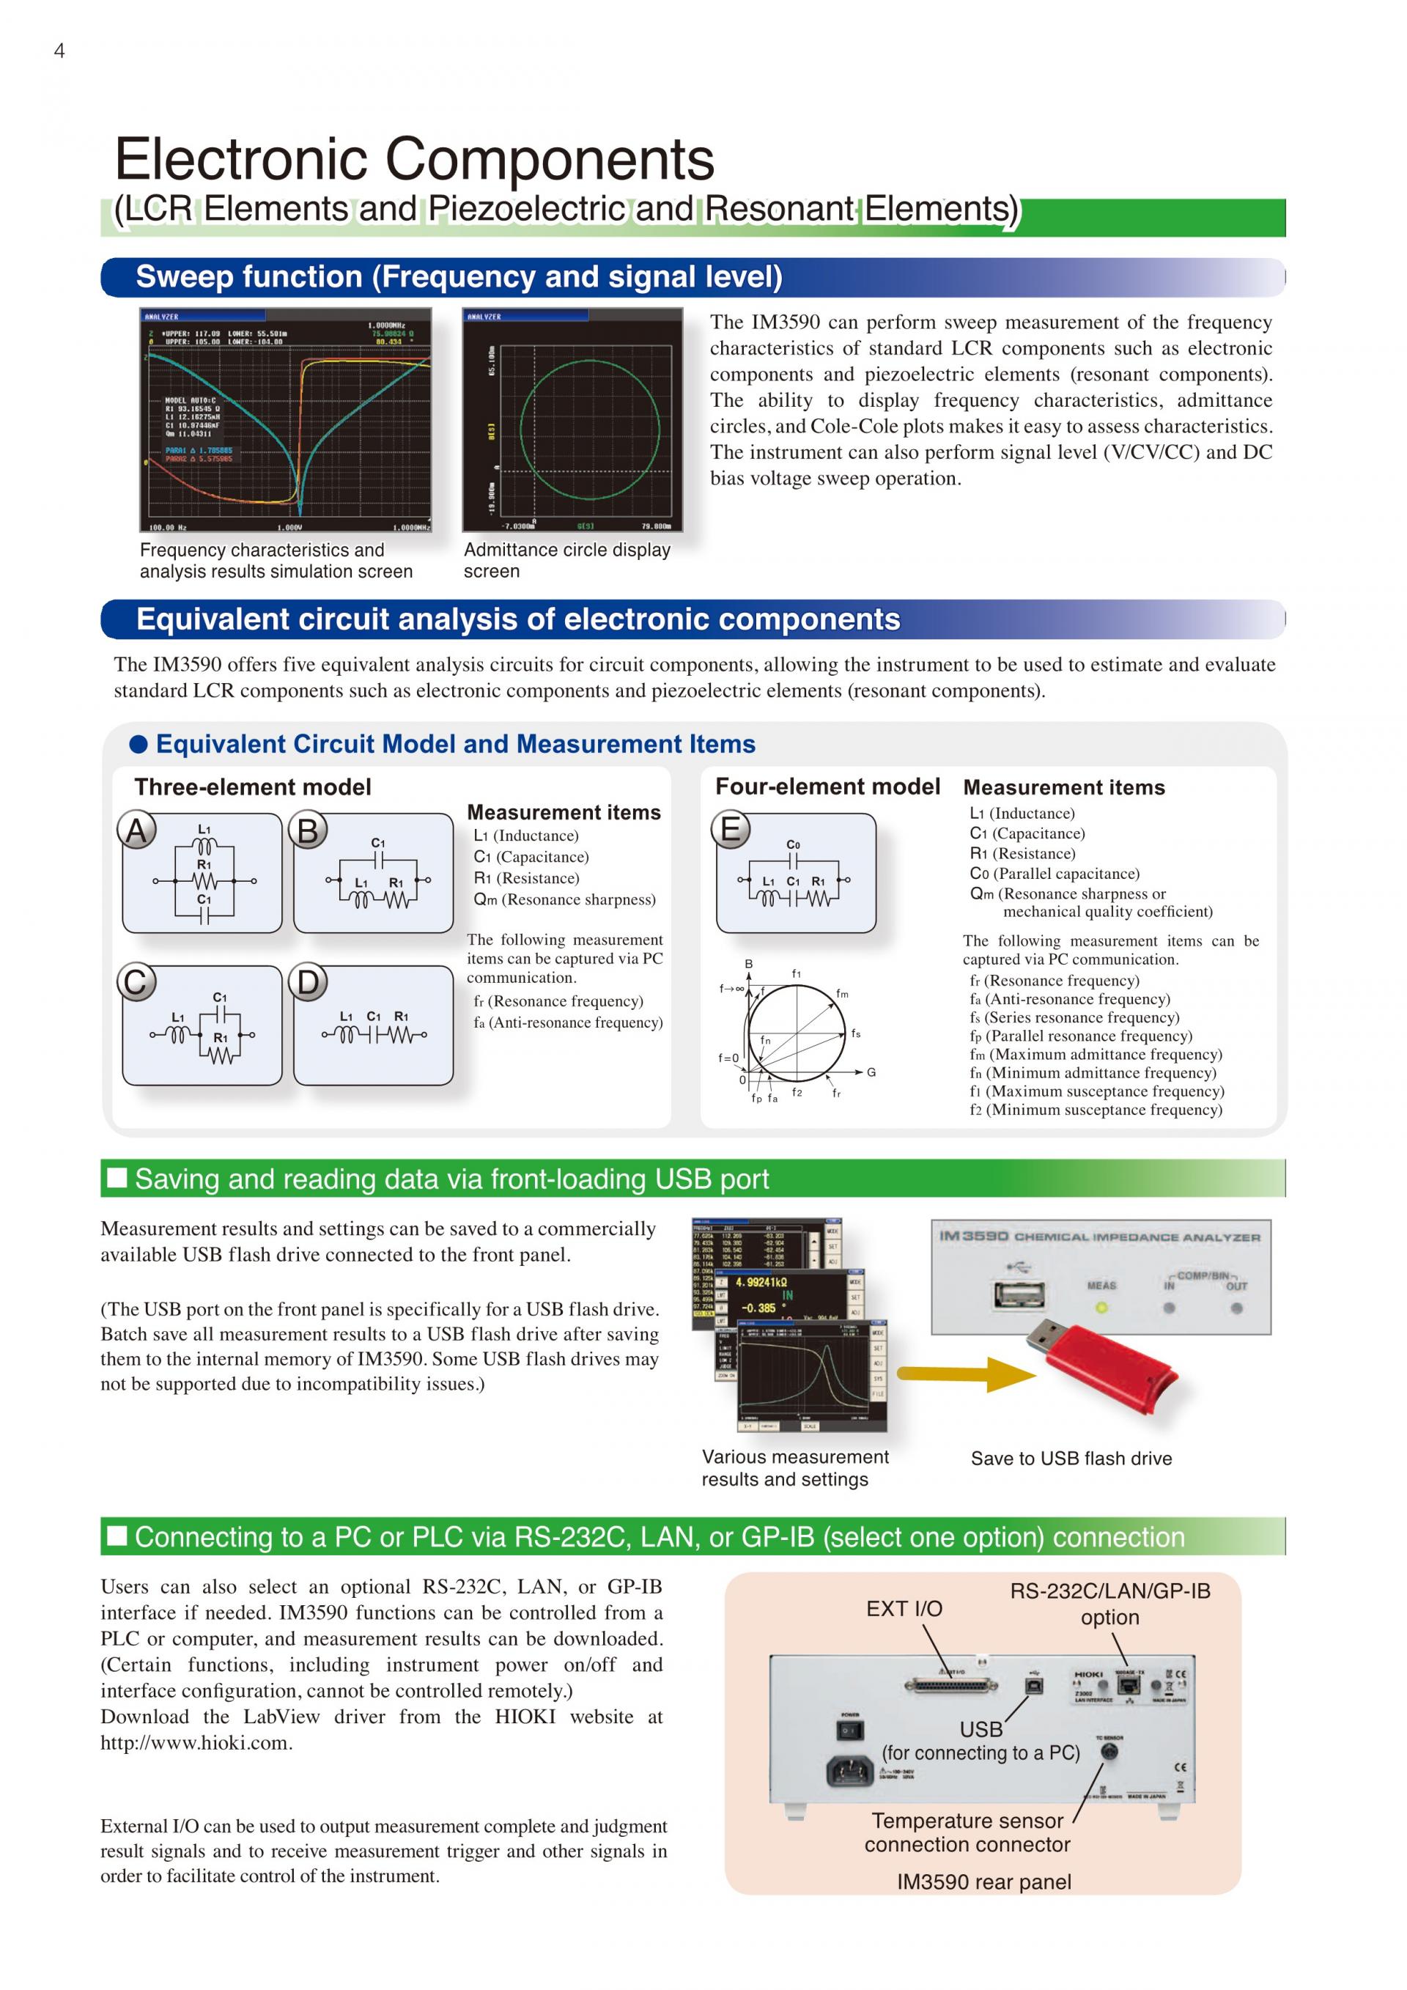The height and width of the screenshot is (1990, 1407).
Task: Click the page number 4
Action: point(59,51)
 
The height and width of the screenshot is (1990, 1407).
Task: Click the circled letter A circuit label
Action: point(136,830)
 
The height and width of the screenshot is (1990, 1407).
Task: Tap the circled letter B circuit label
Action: point(308,830)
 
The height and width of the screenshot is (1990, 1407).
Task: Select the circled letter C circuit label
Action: point(136,983)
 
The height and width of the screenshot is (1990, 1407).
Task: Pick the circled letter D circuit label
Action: point(308,983)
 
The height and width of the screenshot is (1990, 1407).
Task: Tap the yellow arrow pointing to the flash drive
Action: point(965,1373)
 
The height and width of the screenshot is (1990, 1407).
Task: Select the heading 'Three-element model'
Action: point(252,787)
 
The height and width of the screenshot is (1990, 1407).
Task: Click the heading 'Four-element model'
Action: point(827,786)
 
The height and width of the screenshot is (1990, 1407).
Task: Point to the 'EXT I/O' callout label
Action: point(904,1609)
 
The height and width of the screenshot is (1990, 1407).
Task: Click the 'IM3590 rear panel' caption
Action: point(983,1882)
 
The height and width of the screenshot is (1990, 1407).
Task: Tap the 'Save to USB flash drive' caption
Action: point(1071,1459)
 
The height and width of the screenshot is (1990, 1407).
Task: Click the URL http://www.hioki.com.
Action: point(195,1743)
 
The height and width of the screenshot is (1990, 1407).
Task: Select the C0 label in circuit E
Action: point(793,844)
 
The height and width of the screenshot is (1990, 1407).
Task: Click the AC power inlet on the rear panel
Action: point(850,1771)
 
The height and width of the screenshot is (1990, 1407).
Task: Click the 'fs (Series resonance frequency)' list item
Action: point(1074,1017)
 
